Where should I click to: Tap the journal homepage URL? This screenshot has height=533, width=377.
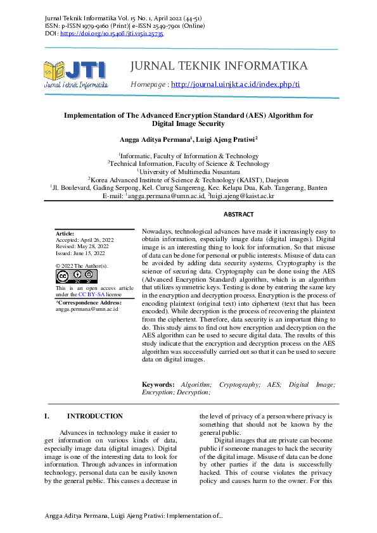click(x=235, y=84)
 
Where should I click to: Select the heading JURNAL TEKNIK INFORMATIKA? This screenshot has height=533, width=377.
click(x=218, y=66)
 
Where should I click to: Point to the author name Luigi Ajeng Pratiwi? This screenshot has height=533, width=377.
click(x=226, y=139)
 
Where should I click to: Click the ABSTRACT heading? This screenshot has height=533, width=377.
click(x=238, y=215)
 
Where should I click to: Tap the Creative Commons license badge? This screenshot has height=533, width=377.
click(x=76, y=276)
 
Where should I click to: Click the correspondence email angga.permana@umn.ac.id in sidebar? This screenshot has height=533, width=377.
click(x=87, y=309)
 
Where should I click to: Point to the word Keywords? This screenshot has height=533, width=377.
click(x=158, y=384)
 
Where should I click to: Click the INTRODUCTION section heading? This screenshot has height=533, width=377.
click(x=94, y=416)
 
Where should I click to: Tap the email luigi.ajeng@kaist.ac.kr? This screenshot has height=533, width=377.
click(x=241, y=196)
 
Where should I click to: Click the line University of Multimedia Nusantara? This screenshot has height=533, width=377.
click(x=188, y=172)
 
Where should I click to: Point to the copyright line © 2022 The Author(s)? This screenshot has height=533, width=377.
click(x=82, y=266)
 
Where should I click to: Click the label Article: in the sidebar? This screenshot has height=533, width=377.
click(x=65, y=234)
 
